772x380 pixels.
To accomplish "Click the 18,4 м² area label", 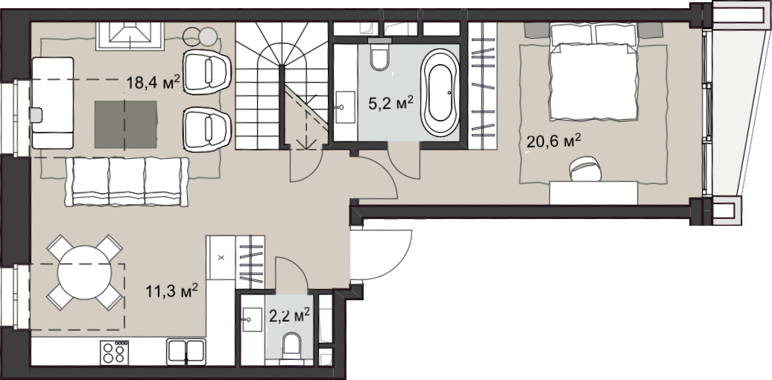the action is click(153, 82).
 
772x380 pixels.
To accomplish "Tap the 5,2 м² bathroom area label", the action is click(390, 104).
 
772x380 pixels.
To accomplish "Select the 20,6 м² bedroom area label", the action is click(554, 142).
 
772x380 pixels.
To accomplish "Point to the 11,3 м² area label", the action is click(172, 291).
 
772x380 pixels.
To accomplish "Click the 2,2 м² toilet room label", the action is click(289, 314).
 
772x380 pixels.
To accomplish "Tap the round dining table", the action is click(85, 272).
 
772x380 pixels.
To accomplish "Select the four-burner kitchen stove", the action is click(115, 352).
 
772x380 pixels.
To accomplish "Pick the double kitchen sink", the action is click(186, 352).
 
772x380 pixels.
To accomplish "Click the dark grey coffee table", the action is click(125, 124).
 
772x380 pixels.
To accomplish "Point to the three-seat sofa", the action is click(127, 182).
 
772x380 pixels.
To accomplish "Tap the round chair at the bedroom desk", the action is click(586, 169).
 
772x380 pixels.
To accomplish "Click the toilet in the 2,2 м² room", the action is click(291, 343).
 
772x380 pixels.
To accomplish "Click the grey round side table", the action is click(208, 36).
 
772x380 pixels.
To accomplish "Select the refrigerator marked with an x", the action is click(221, 258).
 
